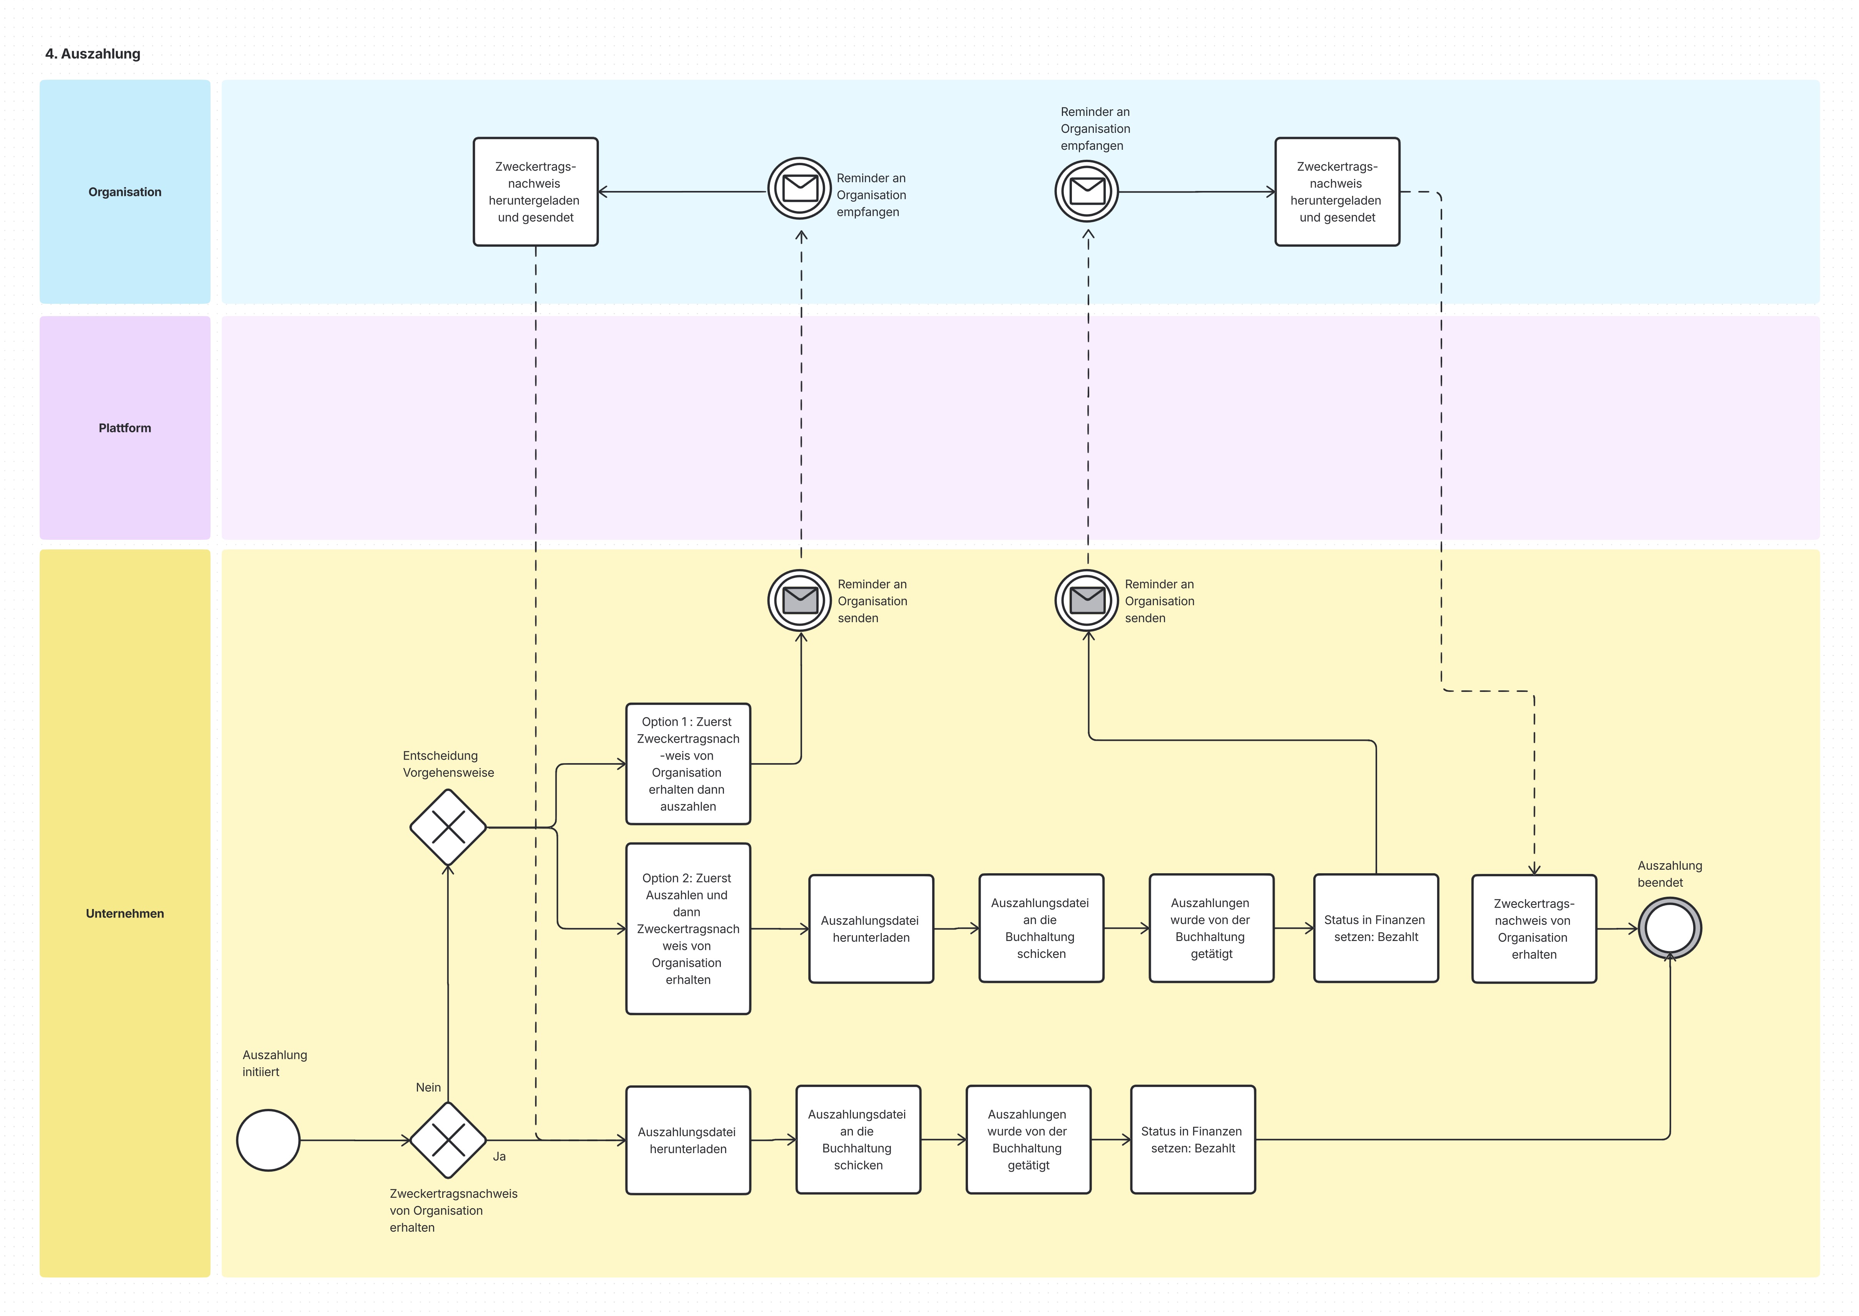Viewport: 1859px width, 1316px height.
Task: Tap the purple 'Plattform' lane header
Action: pyautogui.click(x=125, y=428)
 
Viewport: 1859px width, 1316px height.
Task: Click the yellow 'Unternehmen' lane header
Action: pyautogui.click(x=125, y=913)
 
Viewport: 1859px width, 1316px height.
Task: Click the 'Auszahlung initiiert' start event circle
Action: pyautogui.click(x=268, y=1140)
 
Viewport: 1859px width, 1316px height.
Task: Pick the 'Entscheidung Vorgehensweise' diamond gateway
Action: pyautogui.click(x=448, y=827)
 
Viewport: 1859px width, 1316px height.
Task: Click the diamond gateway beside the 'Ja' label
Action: pyautogui.click(x=448, y=1140)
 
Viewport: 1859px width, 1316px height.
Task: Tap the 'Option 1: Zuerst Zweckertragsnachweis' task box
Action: pyautogui.click(x=688, y=764)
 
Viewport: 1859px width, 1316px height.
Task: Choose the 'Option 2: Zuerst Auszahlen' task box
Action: pyautogui.click(x=688, y=929)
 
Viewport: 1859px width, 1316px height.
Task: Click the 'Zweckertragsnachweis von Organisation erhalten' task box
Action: pyautogui.click(x=1533, y=929)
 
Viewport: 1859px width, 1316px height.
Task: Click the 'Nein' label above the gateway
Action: pyautogui.click(x=428, y=1087)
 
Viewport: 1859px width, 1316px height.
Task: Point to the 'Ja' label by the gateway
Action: pyautogui.click(x=499, y=1156)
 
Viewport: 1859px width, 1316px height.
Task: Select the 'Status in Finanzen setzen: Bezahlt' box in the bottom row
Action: pyautogui.click(x=1192, y=1139)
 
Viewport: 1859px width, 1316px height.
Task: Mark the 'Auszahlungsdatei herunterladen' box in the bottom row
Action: pyautogui.click(x=688, y=1140)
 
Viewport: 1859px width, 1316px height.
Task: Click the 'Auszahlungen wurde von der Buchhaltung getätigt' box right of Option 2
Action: pyautogui.click(x=1211, y=928)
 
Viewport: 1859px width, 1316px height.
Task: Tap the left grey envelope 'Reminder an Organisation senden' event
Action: pyautogui.click(x=799, y=601)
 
